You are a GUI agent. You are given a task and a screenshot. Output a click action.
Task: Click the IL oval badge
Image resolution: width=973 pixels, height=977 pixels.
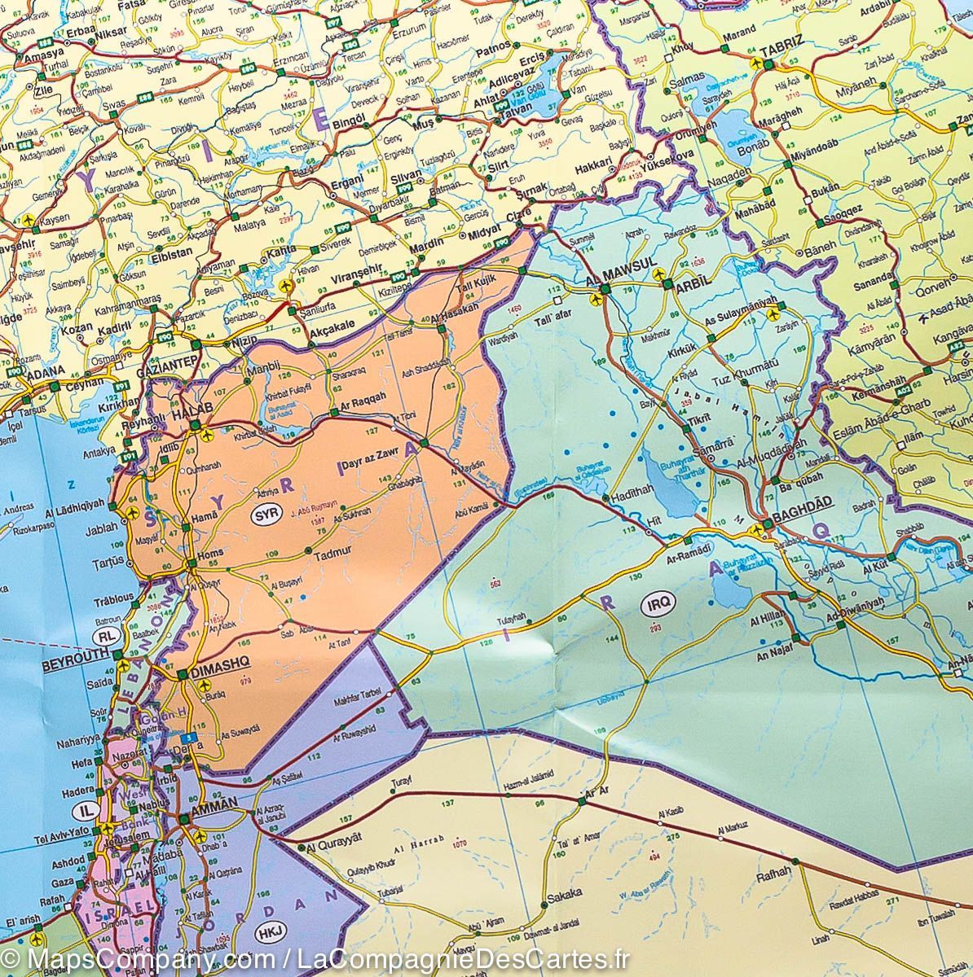[x=86, y=810]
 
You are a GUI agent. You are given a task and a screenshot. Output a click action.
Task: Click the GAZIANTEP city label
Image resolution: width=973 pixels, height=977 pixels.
[x=169, y=359]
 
